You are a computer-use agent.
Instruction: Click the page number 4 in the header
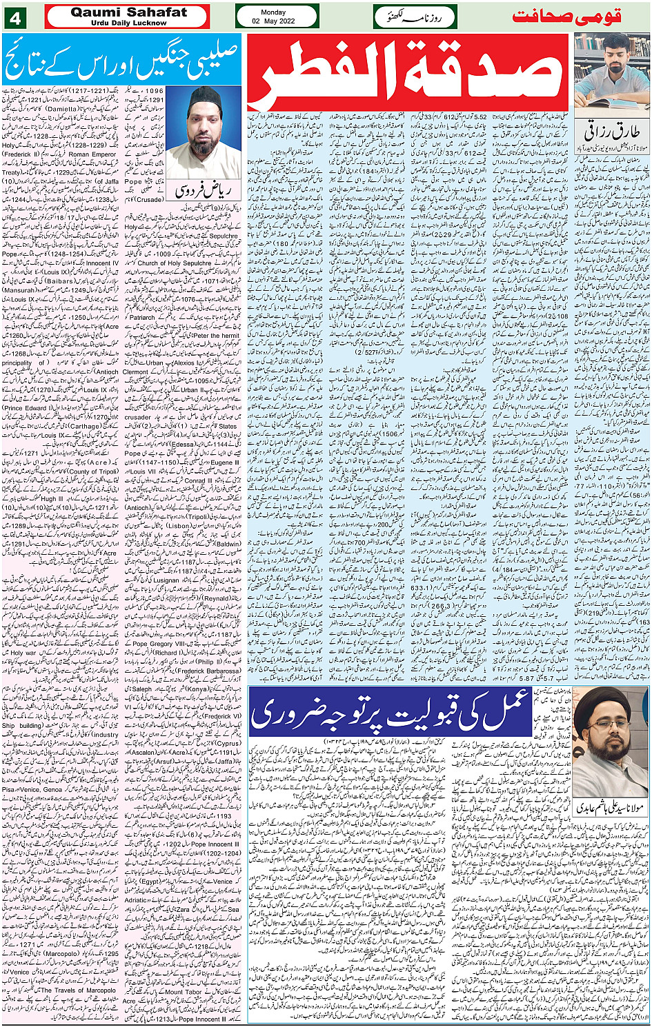[x=14, y=17]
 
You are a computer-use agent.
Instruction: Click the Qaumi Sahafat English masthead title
[x=128, y=12]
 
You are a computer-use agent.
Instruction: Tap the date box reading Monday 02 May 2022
[x=277, y=17]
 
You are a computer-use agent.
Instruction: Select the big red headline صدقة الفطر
[x=408, y=72]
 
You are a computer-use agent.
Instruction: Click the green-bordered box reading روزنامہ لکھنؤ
[x=414, y=17]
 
